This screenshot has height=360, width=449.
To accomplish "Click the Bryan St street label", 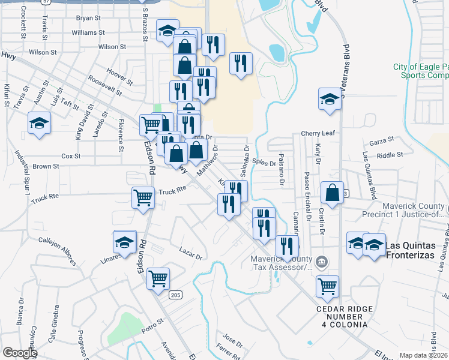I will pyautogui.click(x=88, y=18).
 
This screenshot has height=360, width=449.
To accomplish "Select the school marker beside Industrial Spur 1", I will pyautogui.click(x=40, y=124).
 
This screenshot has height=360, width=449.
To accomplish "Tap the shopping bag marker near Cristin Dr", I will pyautogui.click(x=332, y=193).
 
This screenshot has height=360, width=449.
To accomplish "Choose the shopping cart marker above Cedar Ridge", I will pyautogui.click(x=327, y=286).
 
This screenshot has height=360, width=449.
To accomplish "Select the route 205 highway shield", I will pyautogui.click(x=175, y=295).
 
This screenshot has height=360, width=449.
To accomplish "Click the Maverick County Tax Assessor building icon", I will pyautogui.click(x=322, y=262).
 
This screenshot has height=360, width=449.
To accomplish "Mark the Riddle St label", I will pyautogui.click(x=390, y=155).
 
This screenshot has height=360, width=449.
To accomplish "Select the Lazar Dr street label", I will pyautogui.click(x=191, y=253).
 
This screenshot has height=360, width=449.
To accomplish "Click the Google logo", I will pyautogui.click(x=19, y=353).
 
